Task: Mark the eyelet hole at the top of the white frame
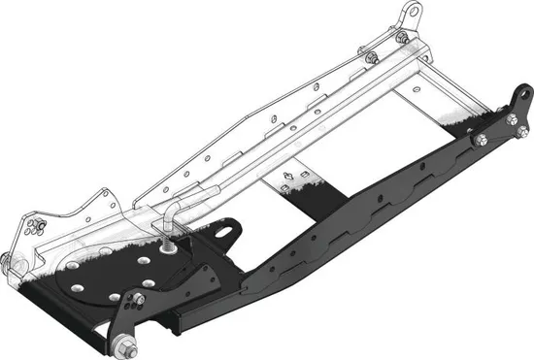pyautogui.click(x=414, y=13)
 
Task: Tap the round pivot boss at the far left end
pyautogui.click(x=8, y=260)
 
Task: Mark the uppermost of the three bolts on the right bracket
pyautogui.click(x=512, y=119)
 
